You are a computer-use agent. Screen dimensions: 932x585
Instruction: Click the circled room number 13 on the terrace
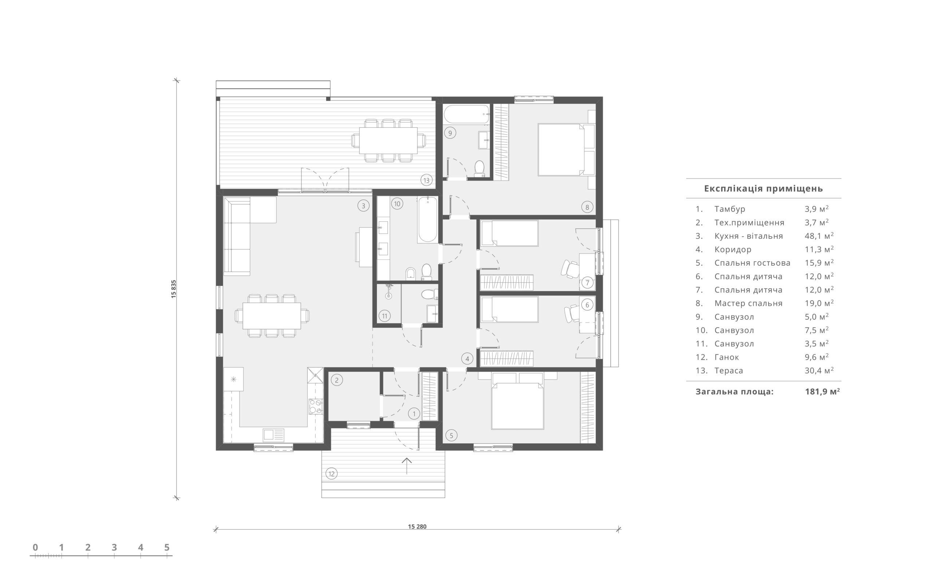426,180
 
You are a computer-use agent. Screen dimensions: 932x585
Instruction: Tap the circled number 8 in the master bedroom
587,207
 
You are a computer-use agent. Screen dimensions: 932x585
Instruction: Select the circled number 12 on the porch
331,473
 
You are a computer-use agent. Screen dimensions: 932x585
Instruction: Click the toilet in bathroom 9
479,169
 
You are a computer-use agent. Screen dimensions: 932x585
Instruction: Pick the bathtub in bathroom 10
427,219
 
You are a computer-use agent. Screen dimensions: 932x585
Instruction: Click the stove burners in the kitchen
316,406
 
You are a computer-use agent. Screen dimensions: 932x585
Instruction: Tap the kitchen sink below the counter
273,435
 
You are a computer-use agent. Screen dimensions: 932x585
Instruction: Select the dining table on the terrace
388,140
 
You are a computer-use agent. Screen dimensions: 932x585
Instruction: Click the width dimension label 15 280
417,526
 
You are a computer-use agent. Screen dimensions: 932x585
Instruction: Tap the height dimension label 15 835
174,288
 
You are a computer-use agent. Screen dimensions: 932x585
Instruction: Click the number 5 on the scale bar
167,547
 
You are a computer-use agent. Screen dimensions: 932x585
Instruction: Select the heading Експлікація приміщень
763,188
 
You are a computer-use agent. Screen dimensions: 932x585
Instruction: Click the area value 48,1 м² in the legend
819,236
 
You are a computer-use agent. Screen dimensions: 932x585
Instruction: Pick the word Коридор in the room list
733,250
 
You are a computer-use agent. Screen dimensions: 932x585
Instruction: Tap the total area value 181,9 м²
822,392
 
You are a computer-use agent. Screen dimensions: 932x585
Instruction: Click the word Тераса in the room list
728,371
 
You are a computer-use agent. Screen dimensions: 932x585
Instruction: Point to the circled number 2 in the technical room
336,380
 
